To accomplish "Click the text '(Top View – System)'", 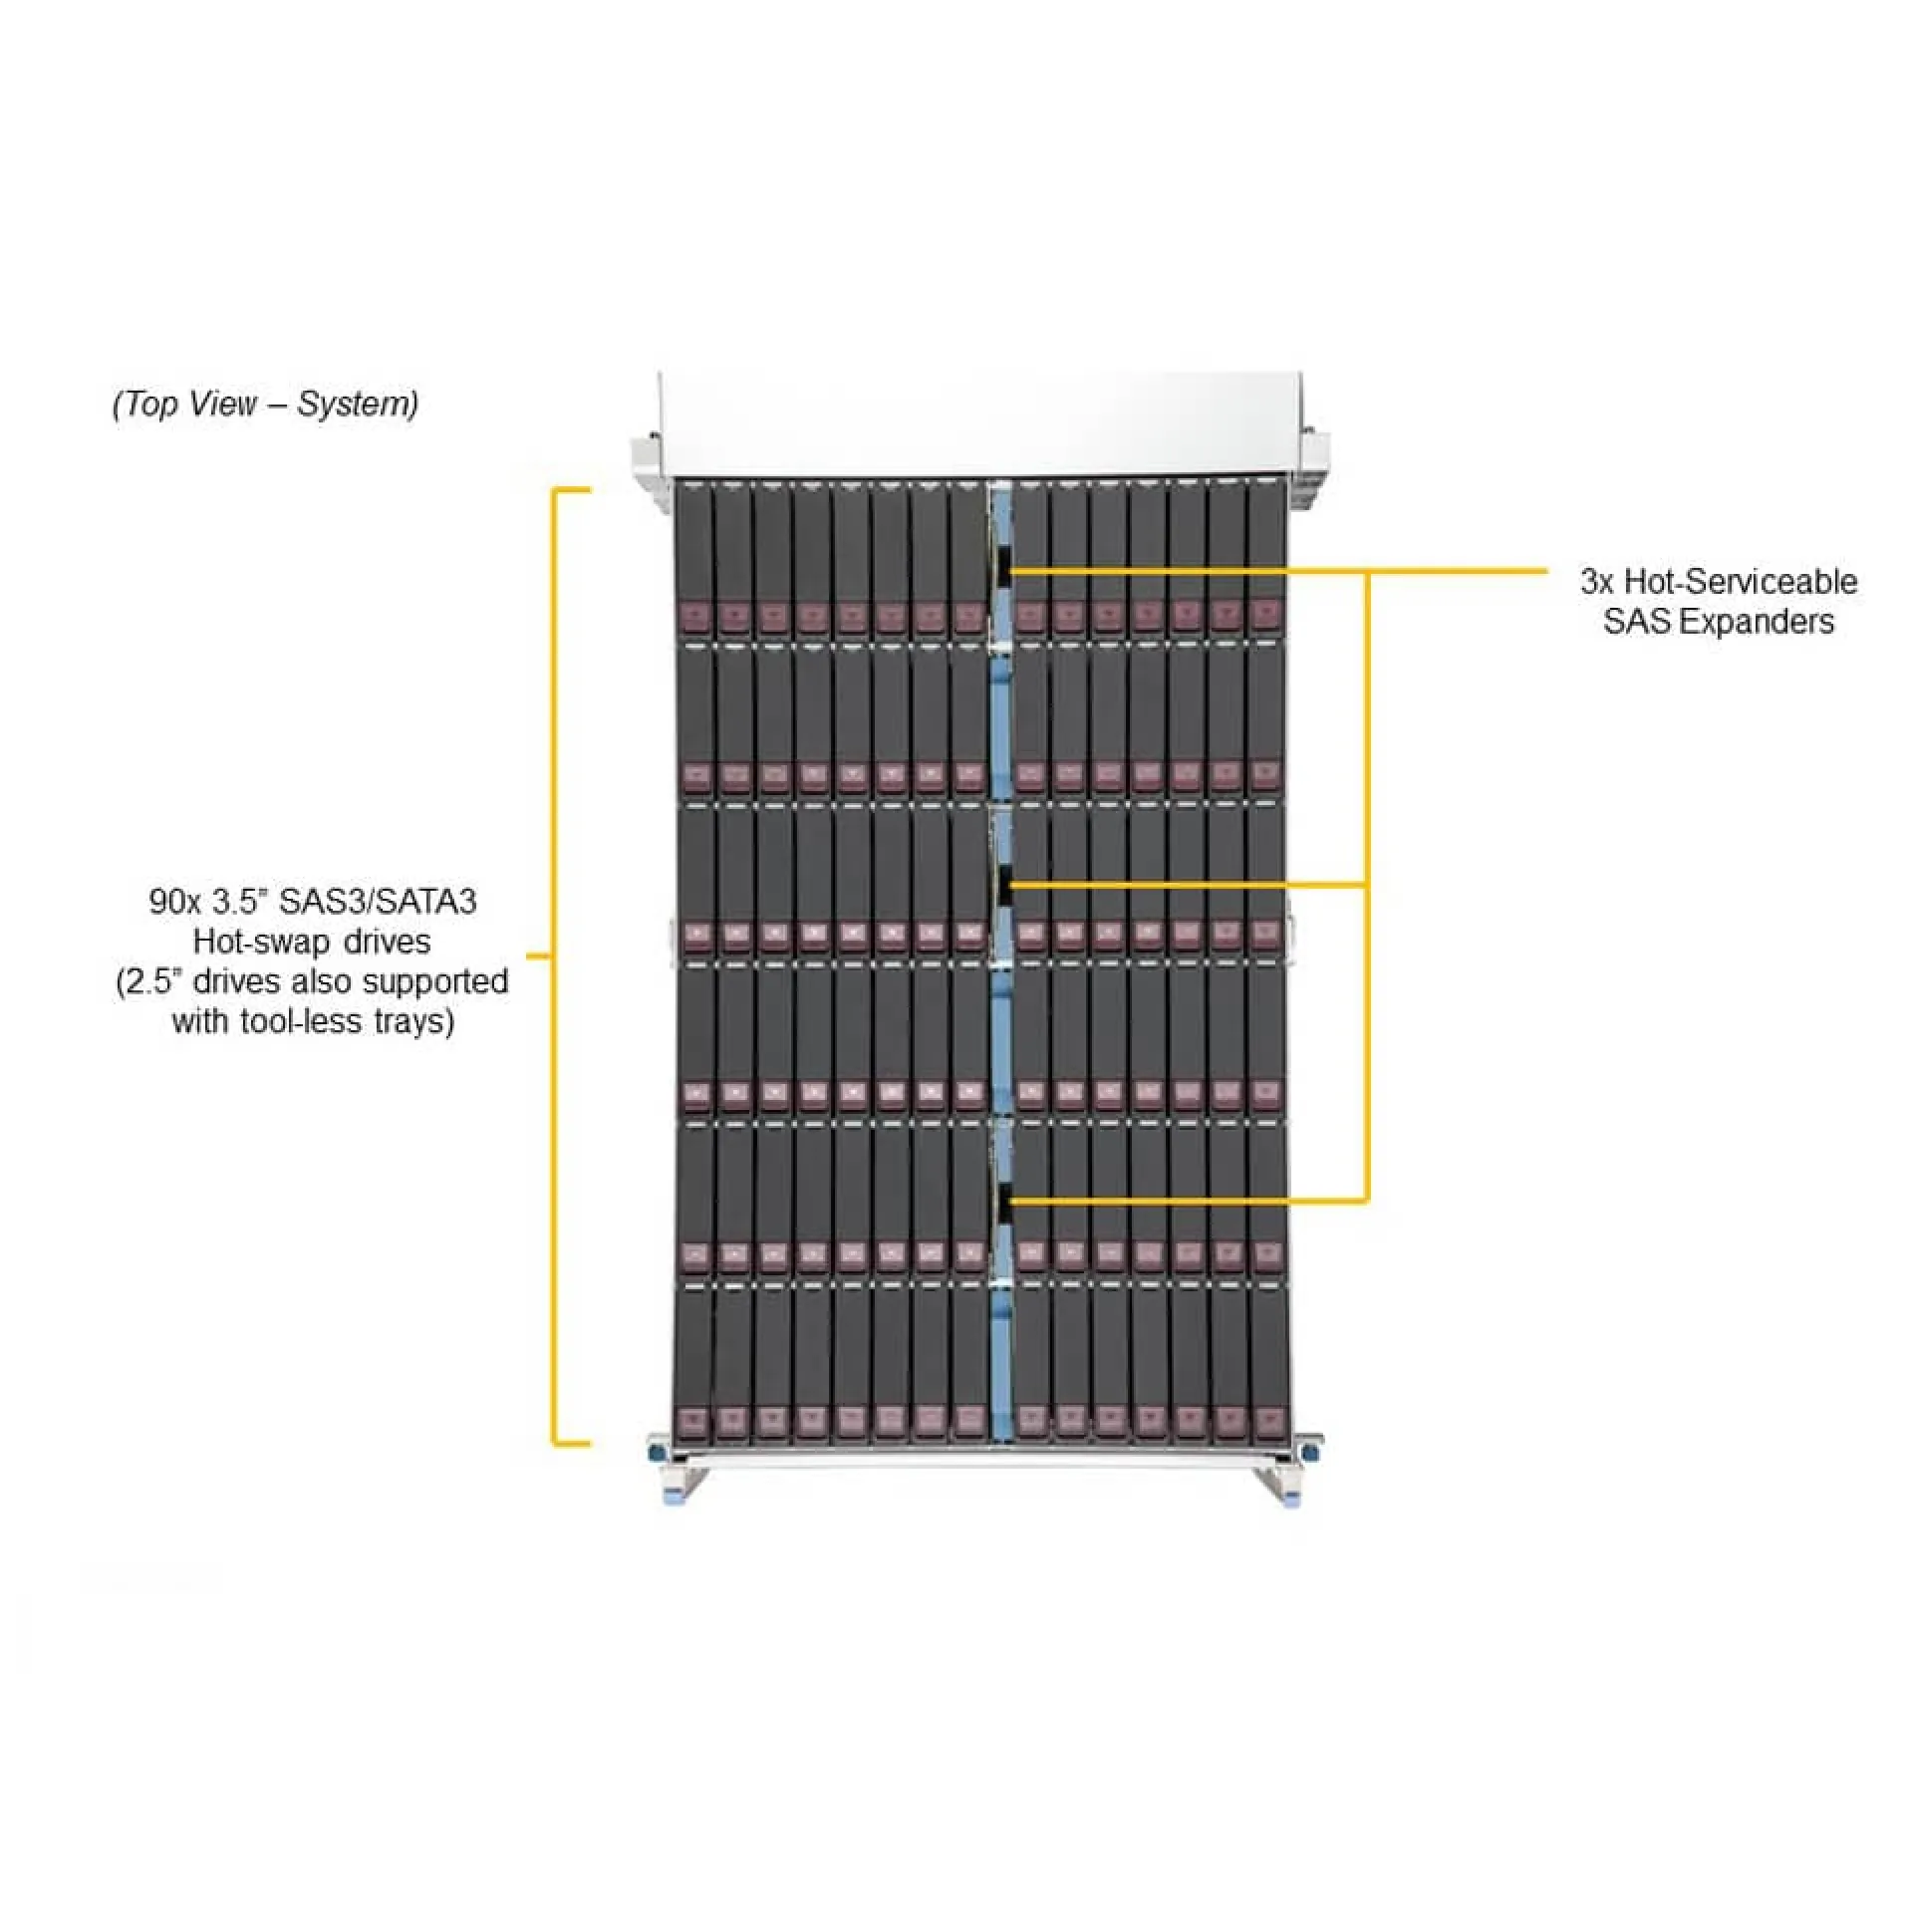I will coord(265,404).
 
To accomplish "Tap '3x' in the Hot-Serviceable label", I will coord(1597,581).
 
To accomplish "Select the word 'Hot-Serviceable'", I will coord(1741,581).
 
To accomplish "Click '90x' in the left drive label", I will coord(174,902).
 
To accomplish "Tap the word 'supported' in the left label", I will coord(434,981).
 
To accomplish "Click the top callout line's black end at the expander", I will coord(1009,572).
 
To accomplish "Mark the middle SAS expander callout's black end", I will coord(1009,884).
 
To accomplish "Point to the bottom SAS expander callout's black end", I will coord(1009,1201).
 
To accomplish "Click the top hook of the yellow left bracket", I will coord(572,490).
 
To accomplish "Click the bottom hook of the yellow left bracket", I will coord(572,1443).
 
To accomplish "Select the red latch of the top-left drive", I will coord(694,615).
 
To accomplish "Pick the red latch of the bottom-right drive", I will coord(1266,1422).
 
